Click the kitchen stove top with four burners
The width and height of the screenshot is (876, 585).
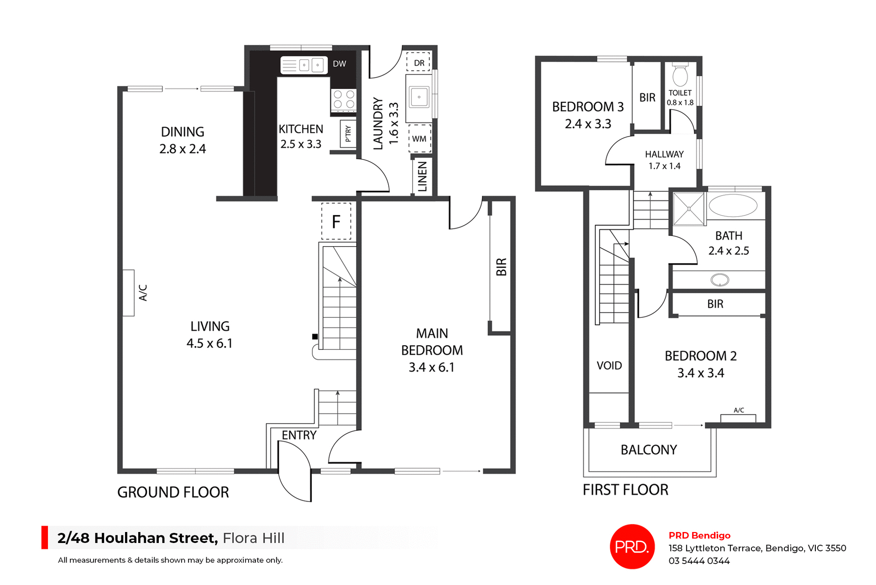(344, 100)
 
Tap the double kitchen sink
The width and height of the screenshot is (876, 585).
(304, 65)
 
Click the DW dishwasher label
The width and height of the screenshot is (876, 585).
(339, 64)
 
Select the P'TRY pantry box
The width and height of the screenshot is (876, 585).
(348, 133)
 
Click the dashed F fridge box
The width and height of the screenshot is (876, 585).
(336, 221)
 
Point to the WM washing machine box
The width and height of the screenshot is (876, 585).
(419, 138)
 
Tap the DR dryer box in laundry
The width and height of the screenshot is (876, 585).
(419, 63)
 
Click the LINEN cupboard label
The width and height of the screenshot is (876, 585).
(422, 176)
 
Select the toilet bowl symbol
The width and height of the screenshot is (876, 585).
(680, 76)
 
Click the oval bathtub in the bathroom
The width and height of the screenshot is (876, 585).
(733, 206)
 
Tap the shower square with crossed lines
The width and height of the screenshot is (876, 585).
(688, 209)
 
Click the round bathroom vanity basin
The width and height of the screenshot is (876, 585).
(720, 279)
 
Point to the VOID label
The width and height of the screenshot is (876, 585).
(609, 365)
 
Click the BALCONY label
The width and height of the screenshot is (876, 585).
(648, 450)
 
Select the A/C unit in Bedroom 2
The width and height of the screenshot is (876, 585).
(738, 418)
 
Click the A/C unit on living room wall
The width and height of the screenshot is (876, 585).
(129, 293)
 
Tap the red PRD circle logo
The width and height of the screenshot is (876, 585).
(632, 547)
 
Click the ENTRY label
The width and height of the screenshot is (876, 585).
(299, 435)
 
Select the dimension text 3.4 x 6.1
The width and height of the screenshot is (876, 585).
(431, 367)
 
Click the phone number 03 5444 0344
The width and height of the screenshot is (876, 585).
(699, 561)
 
